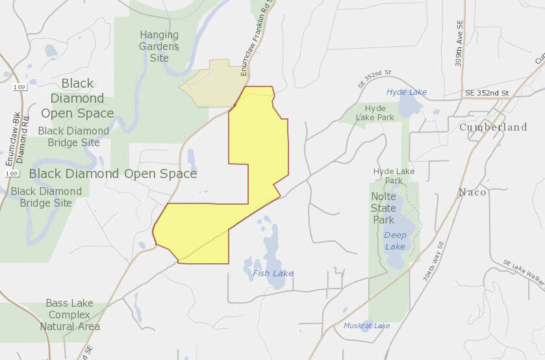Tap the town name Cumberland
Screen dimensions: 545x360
[493, 127]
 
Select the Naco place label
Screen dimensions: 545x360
[472, 192]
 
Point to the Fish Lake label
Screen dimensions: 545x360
[273, 274]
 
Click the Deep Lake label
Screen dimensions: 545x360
[395, 240]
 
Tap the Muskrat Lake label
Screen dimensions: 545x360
[367, 326]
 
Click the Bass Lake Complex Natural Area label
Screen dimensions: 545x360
[70, 315]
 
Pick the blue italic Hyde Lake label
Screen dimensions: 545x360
[407, 92]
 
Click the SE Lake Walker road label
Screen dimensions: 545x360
[524, 273]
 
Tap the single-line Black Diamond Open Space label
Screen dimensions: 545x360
[113, 174]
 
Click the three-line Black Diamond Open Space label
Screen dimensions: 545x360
[77, 98]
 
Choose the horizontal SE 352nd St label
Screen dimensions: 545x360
[487, 93]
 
